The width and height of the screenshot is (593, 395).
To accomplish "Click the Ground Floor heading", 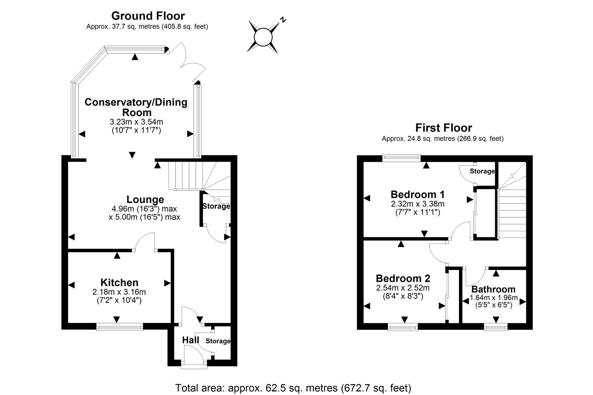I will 148,16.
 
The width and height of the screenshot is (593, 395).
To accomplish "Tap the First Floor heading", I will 443,128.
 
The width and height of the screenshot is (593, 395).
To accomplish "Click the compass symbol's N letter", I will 283,20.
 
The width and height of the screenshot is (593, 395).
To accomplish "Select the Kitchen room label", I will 119,282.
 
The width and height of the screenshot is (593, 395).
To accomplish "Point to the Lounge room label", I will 145,199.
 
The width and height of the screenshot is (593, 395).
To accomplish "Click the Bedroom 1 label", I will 417,194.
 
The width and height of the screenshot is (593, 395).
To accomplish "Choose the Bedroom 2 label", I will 403,278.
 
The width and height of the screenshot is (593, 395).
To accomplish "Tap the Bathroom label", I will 493,289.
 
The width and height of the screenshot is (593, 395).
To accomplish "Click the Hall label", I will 190,340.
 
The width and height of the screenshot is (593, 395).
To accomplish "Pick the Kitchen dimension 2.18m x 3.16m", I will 119,292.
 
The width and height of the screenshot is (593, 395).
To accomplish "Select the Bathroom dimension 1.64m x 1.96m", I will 494,298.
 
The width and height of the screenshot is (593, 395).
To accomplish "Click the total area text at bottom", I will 293,388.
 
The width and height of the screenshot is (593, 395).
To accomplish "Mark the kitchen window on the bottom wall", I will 119,327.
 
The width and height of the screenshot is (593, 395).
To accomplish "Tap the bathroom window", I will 496,327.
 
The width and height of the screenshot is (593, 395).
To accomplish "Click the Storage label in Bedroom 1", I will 482,171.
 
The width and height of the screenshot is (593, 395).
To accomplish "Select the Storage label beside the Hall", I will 218,341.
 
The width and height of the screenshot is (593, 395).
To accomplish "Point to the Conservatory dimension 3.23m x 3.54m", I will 136,122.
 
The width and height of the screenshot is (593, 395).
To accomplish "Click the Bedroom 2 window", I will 403,327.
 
